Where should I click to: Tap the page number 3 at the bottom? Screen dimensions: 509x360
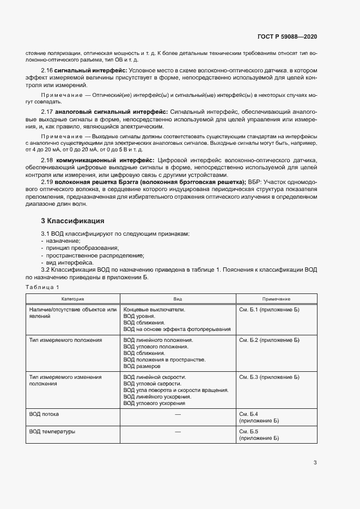tap(315, 463)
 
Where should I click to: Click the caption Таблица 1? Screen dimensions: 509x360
tap(42, 287)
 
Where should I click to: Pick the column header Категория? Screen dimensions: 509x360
tap(72, 299)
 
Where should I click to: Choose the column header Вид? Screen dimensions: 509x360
tap(178, 299)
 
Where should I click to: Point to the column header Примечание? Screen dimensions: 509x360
tap(276, 299)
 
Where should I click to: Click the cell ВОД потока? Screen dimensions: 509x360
tap(45, 414)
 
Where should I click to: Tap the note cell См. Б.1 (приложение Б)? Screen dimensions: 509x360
tap(270, 309)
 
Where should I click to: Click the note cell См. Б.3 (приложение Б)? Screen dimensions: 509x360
tap(270, 377)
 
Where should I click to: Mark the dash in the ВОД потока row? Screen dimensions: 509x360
tap(178, 414)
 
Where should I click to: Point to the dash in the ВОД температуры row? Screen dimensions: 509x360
tap(178, 432)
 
